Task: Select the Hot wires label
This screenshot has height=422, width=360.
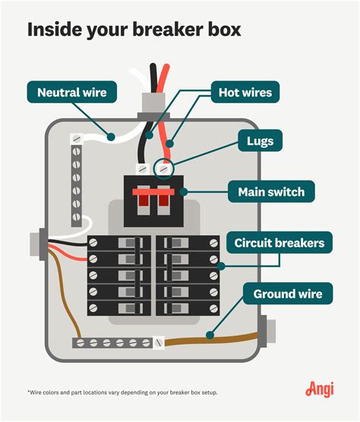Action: point(245,93)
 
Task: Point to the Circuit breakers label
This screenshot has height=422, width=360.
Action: point(278,244)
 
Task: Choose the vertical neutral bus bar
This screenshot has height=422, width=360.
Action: point(77,182)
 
